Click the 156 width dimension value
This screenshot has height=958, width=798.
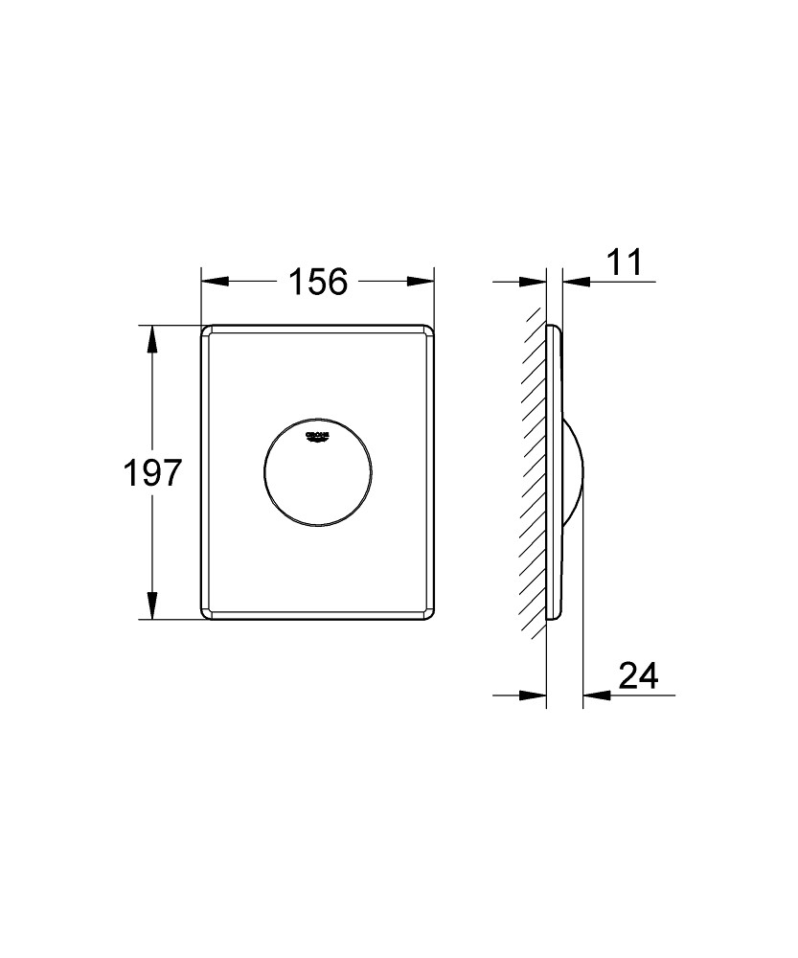pyautogui.click(x=318, y=282)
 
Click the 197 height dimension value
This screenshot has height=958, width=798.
pyautogui.click(x=150, y=473)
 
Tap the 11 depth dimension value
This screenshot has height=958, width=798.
pyautogui.click(x=623, y=262)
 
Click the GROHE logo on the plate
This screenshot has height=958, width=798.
pyautogui.click(x=317, y=437)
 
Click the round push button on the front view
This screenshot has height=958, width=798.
pyautogui.click(x=317, y=473)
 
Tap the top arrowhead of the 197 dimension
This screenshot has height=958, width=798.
pyautogui.click(x=150, y=338)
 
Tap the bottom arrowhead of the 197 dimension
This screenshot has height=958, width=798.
pyautogui.click(x=150, y=606)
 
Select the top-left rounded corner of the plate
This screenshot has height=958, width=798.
pyautogui.click(x=207, y=331)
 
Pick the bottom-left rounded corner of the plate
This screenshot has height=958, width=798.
pyautogui.click(x=207, y=613)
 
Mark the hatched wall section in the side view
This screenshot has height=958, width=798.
pyautogui.click(x=533, y=473)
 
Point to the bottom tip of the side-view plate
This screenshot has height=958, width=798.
pyautogui.click(x=551, y=618)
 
